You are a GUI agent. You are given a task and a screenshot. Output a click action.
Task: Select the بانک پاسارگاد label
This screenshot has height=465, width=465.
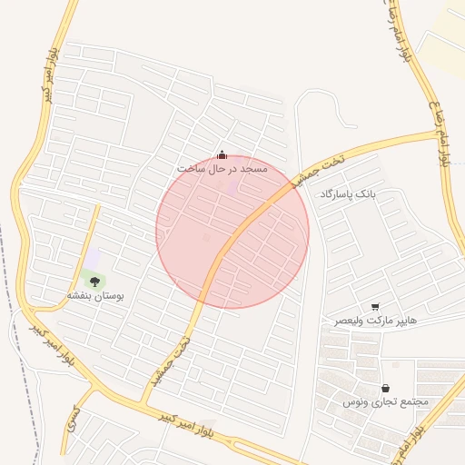347,194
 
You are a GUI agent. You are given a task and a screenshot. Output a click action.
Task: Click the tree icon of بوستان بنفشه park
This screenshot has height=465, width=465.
94,281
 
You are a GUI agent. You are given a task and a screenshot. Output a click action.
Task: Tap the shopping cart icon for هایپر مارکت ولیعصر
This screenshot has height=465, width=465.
375,307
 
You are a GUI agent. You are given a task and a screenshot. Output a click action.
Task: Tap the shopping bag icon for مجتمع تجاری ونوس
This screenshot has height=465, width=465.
385,388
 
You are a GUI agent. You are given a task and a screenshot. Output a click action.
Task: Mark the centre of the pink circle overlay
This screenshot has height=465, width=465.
232,232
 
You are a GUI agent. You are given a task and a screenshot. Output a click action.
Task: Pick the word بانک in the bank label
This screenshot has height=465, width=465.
364,194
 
